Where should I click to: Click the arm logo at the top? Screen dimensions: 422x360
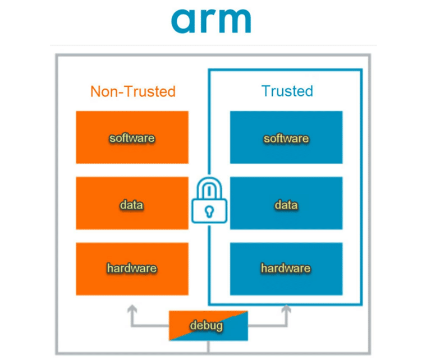211,21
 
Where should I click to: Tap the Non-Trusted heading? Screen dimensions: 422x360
133,91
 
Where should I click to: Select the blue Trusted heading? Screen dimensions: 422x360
287,91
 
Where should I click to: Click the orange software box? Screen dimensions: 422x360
132,137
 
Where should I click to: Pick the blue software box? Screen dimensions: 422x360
286,137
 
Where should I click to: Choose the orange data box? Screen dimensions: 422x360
132,203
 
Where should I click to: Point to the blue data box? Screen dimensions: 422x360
286,203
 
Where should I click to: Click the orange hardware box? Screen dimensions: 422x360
132,269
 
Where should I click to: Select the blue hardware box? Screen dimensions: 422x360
286,269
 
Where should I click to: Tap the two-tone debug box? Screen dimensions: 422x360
208,326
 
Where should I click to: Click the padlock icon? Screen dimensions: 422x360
209,201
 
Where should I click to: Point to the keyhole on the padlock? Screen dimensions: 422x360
209,211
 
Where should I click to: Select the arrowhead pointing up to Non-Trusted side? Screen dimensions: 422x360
132,308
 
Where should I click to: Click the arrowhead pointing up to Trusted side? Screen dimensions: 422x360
286,308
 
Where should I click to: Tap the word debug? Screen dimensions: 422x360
207,326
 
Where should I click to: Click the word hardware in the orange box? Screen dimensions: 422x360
132,269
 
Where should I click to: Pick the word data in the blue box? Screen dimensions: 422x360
286,205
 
